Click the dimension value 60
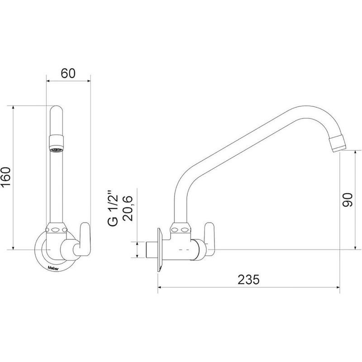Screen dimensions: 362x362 click(x=68, y=73)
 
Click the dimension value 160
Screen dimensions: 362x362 click(x=6, y=177)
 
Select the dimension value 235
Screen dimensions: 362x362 click(x=248, y=279)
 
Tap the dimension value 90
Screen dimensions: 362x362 click(x=348, y=200)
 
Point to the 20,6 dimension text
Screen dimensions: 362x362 click(x=128, y=208)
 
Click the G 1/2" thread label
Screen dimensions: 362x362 click(x=113, y=208)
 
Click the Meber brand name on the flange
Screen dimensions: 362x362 click(x=53, y=268)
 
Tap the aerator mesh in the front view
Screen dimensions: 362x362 click(x=56, y=150)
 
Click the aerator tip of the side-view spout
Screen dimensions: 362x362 click(x=338, y=143)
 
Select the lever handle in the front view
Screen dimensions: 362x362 click(x=85, y=239)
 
